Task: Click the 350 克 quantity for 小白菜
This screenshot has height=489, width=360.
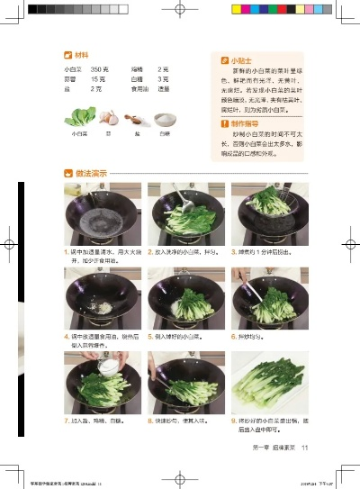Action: click(100, 69)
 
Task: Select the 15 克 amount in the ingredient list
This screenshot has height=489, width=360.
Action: click(99, 79)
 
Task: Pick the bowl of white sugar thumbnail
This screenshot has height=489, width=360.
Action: click(164, 119)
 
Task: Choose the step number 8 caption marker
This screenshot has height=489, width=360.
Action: click(149, 421)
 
